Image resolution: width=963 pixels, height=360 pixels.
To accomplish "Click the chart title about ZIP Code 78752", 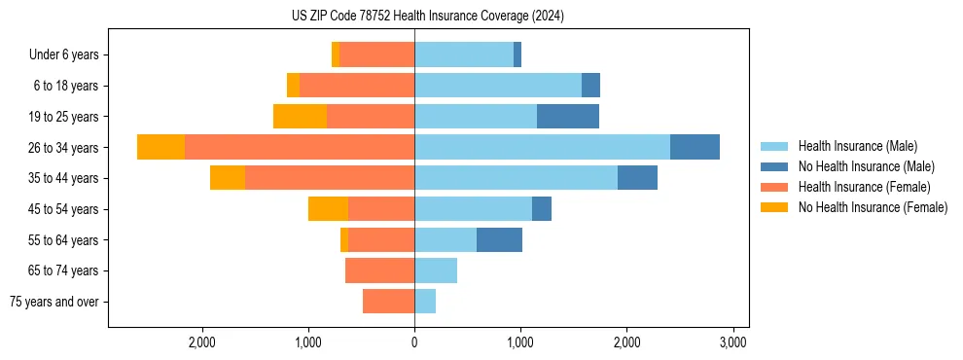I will (428, 17).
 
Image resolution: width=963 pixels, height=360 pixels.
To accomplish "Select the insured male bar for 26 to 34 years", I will (542, 147).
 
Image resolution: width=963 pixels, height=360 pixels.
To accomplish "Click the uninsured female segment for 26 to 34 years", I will (160, 147).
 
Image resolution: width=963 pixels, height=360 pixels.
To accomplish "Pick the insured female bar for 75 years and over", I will (388, 302).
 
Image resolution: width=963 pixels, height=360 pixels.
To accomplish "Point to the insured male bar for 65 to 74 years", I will (436, 270).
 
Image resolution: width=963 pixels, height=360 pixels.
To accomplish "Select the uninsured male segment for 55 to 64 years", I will (499, 239).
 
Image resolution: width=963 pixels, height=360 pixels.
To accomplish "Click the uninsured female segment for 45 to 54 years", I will (328, 208).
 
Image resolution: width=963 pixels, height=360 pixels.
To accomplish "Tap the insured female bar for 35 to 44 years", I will (330, 178).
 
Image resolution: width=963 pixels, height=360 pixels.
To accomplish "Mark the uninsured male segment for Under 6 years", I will (517, 54).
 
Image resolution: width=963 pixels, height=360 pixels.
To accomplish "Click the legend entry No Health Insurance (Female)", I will (873, 207).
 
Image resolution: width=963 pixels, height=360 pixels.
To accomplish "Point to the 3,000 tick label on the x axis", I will (732, 342).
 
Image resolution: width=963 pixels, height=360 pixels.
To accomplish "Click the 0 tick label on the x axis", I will (414, 342).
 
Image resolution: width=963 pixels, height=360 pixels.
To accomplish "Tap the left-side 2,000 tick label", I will (202, 342).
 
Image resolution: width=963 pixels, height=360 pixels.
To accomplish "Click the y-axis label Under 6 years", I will (64, 54).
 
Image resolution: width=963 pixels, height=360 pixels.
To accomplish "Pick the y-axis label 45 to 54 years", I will (64, 208).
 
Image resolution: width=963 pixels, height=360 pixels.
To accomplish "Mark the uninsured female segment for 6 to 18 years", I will (293, 86).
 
